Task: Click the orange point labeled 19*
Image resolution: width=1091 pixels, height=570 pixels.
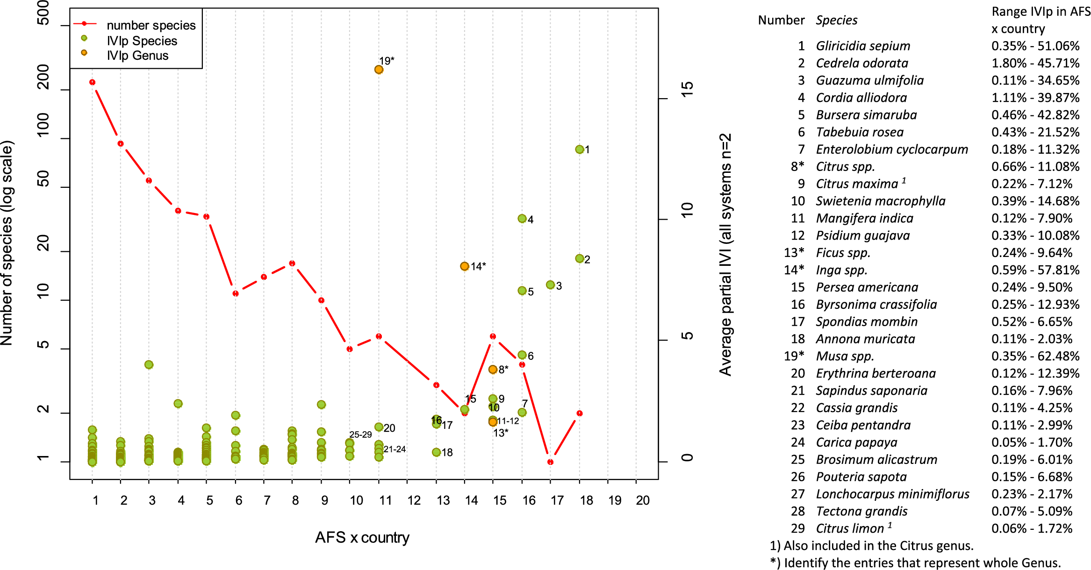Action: [x=379, y=70]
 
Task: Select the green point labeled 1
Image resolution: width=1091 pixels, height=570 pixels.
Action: [x=580, y=150]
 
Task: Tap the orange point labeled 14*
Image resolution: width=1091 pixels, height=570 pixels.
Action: [x=464, y=266]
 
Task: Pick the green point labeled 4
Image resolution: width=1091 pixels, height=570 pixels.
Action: [x=522, y=219]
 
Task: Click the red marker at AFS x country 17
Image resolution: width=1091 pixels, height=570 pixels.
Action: [x=550, y=462]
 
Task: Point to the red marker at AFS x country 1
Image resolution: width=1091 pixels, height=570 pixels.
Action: [x=92, y=82]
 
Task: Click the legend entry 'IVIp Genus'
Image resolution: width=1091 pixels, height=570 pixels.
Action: [x=137, y=56]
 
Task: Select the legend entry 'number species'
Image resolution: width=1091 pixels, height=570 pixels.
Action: [x=151, y=25]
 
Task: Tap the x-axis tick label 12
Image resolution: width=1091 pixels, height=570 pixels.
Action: [x=414, y=500]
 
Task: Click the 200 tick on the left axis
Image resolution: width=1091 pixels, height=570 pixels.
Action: [x=43, y=77]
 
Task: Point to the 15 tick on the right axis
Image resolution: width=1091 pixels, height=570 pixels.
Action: [x=687, y=89]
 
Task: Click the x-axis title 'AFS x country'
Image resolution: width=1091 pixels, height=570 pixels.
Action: [x=362, y=538]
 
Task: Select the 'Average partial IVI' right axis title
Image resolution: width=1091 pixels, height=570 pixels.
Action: [x=725, y=255]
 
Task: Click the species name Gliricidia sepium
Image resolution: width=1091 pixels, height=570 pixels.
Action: [x=863, y=46]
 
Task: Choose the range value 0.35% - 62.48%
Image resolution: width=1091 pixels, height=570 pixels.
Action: [x=1035, y=356]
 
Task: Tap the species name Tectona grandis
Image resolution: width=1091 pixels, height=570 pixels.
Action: [x=861, y=511]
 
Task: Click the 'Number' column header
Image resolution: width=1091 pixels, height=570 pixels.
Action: [x=781, y=20]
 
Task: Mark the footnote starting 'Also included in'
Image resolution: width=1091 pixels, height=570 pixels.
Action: [x=872, y=546]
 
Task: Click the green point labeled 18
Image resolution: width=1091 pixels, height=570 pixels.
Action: [x=436, y=452]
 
